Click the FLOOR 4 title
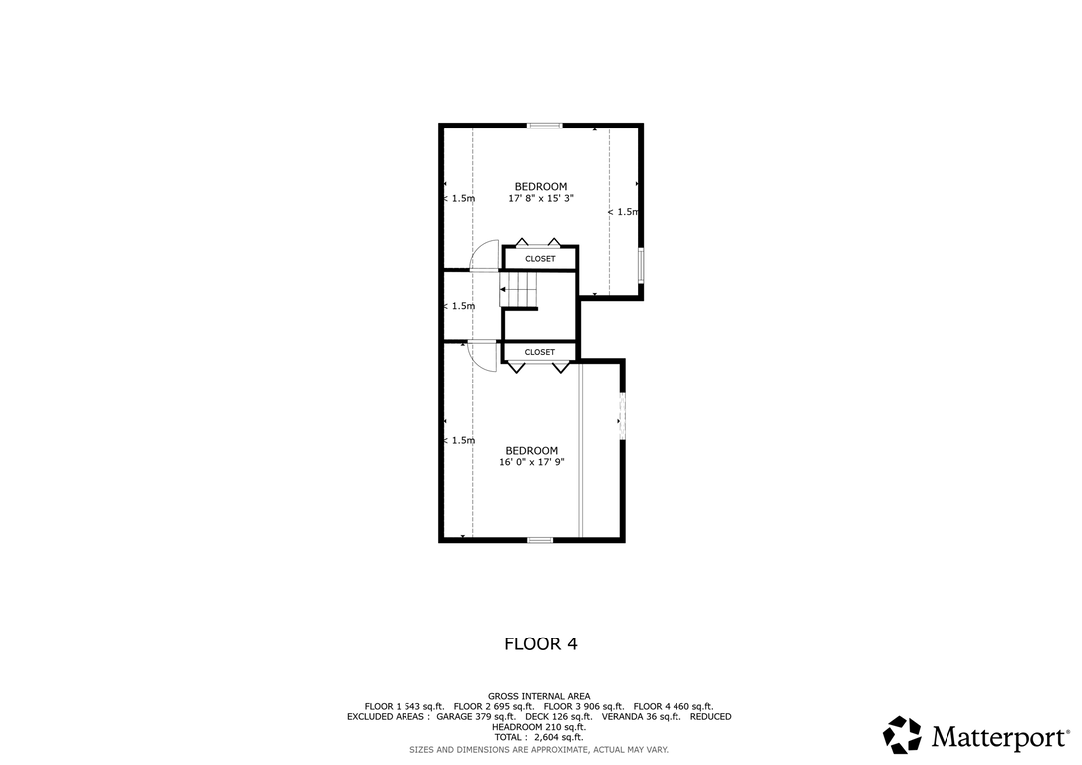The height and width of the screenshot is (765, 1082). [x=540, y=644]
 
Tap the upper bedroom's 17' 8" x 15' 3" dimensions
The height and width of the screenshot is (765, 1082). [x=541, y=198]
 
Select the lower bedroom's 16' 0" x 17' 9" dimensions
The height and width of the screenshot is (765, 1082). [x=531, y=462]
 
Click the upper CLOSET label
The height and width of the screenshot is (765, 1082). [x=540, y=259]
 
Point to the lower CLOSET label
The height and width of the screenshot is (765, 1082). [x=540, y=352]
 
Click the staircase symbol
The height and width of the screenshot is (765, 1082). [x=518, y=289]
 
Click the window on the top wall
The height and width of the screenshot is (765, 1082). [x=545, y=126]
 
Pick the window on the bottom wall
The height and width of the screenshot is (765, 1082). [x=540, y=540]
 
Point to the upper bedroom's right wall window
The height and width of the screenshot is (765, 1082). [x=641, y=265]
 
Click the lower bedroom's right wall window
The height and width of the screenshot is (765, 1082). [x=622, y=416]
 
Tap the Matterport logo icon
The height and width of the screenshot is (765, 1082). [x=902, y=735]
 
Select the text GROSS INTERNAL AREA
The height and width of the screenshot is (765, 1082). [x=539, y=696]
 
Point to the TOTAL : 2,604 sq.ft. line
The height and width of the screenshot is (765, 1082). [x=539, y=737]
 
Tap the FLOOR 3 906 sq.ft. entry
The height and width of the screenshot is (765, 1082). [x=584, y=707]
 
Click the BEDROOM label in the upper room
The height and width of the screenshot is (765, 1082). [x=541, y=187]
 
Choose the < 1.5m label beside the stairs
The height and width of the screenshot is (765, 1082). [x=459, y=306]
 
